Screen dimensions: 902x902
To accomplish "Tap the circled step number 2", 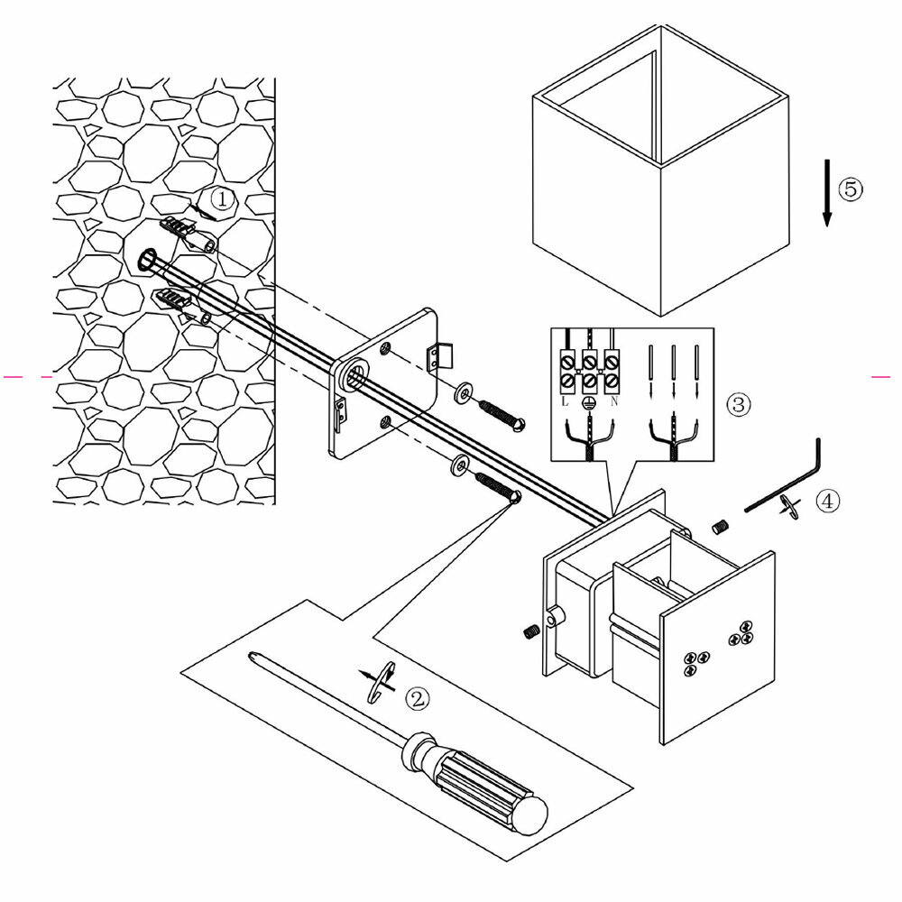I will pyautogui.click(x=417, y=697).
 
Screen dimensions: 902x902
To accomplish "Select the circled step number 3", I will pyautogui.click(x=738, y=405).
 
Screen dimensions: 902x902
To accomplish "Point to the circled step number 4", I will pyautogui.click(x=829, y=502).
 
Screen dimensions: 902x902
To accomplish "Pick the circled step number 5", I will pyautogui.click(x=850, y=189).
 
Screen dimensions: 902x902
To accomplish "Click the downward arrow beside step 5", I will pyautogui.click(x=826, y=191).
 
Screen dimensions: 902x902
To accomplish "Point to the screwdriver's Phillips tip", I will pyautogui.click(x=253, y=657).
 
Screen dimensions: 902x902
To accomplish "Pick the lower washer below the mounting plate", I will pyautogui.click(x=457, y=465).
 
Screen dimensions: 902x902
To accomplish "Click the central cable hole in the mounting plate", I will pyautogui.click(x=354, y=375).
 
